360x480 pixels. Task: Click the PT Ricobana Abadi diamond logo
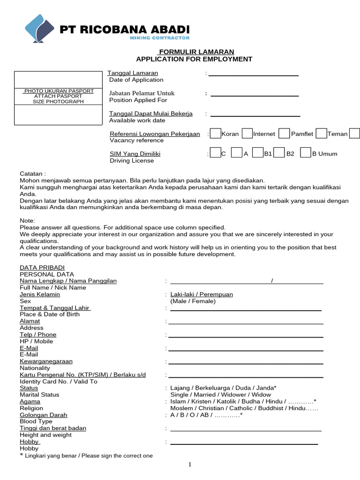click(x=38, y=29)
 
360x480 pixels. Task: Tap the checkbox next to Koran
click(x=215, y=134)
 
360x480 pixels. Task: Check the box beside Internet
click(x=247, y=134)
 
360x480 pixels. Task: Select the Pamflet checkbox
click(x=284, y=134)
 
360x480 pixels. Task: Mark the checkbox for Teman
click(x=321, y=134)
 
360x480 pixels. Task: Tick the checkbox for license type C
click(x=215, y=153)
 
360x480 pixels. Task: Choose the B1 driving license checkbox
click(x=257, y=153)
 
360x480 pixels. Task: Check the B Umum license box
click(x=306, y=153)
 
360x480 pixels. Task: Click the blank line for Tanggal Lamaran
click(x=253, y=75)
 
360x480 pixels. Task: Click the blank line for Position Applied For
click(x=255, y=96)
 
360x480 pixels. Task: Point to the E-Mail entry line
click(x=246, y=350)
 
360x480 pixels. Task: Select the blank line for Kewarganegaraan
click(x=246, y=363)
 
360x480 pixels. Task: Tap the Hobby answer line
click(x=244, y=443)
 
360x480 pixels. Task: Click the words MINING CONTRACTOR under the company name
click(x=159, y=38)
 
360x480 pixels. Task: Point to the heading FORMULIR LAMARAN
click(x=196, y=52)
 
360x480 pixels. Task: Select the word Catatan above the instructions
click(x=31, y=173)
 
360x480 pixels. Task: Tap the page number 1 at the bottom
click(x=190, y=465)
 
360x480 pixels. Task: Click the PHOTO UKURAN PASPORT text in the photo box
click(x=59, y=91)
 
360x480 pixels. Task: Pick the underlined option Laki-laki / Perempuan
click(x=202, y=294)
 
